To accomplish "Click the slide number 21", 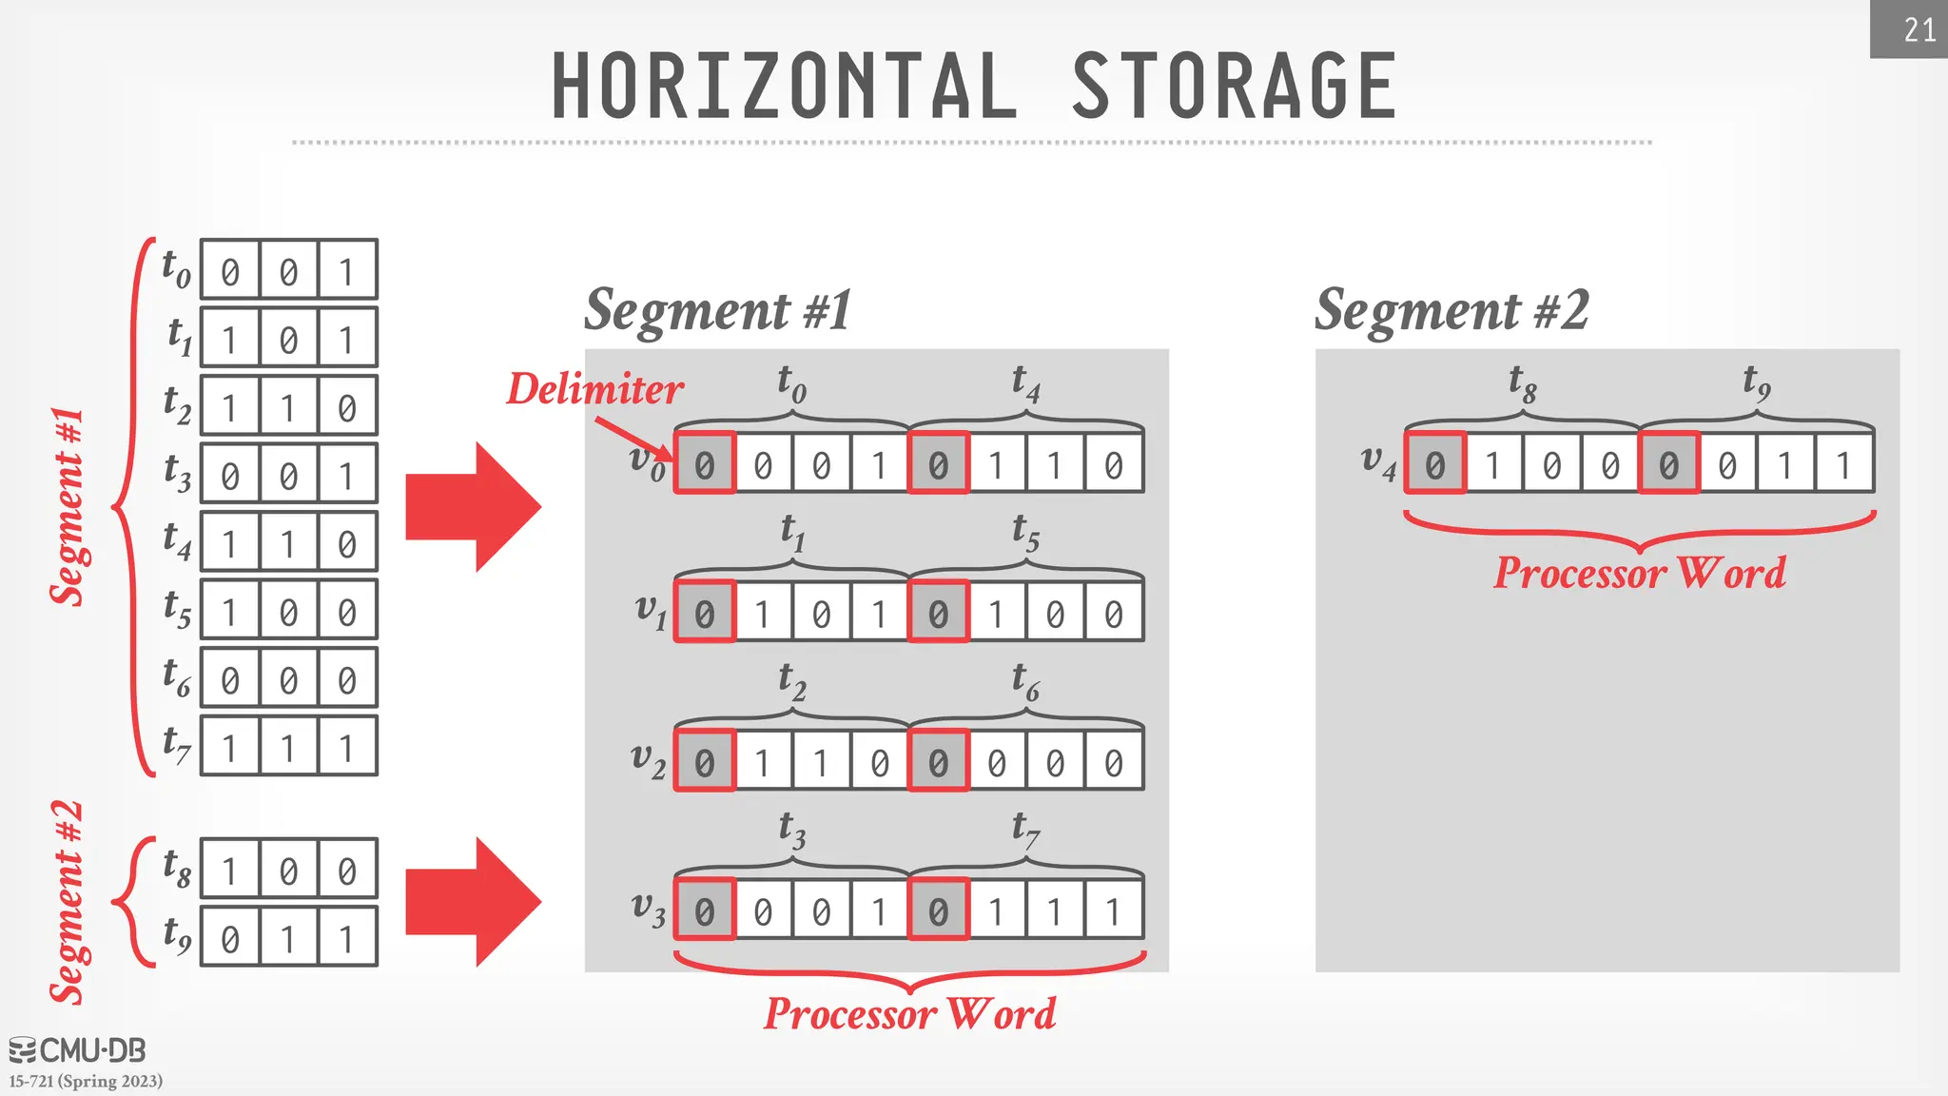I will (1919, 30).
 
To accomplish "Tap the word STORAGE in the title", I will (1235, 87).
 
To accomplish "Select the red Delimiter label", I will (594, 389).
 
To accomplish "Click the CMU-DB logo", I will (78, 1050).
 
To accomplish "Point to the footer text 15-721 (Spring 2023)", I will (86, 1081).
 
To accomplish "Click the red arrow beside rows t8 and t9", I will (473, 902).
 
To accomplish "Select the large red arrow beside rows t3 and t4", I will (473, 506).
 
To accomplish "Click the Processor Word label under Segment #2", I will (1640, 573).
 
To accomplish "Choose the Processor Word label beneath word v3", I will (910, 1013).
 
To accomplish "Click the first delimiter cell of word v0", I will (705, 463).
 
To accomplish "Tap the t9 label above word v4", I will (1756, 382).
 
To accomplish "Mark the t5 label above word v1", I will (1025, 532).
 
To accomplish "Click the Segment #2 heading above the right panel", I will (1451, 310).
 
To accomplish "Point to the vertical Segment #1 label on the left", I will (68, 506).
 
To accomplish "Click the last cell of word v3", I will (1113, 910).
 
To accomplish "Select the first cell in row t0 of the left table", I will (230, 270).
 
